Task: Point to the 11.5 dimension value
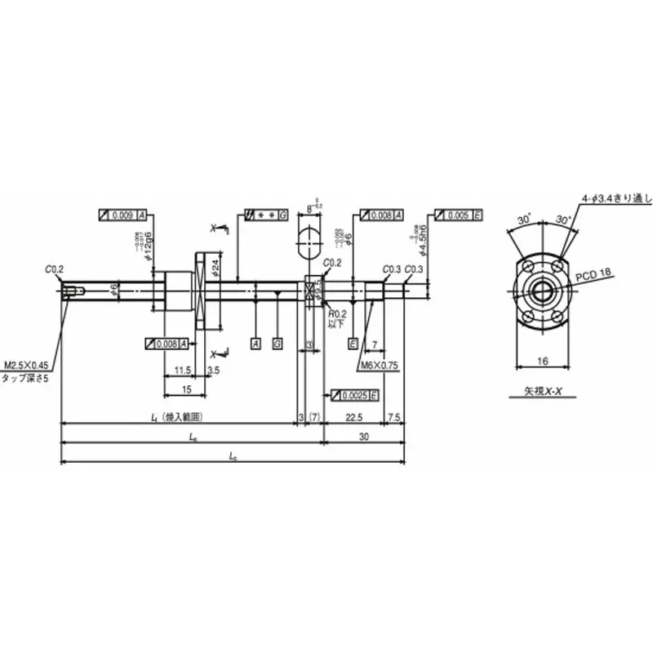tap(183, 371)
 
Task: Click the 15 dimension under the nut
tap(187, 389)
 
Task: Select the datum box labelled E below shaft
tap(353, 343)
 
